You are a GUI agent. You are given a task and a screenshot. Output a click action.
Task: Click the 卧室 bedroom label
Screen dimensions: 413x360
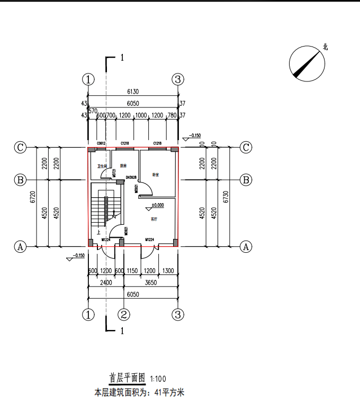coord(156,175)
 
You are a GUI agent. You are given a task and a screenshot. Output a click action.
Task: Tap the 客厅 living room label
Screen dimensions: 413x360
coord(154,218)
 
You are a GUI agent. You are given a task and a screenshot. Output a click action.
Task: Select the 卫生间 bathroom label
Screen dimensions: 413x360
coord(102,166)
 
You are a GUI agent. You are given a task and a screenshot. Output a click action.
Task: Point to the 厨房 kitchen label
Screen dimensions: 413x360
coord(123,166)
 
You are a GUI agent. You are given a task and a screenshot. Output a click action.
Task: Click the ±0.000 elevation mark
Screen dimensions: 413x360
coord(158,205)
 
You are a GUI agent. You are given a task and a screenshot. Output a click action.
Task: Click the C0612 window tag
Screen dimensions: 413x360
coord(101,143)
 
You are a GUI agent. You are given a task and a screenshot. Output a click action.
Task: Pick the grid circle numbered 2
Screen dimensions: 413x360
coord(124,315)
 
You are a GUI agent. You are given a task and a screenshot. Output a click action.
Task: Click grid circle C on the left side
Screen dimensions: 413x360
coord(20,148)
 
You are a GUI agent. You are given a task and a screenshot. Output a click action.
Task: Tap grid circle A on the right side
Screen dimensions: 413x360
coord(246,246)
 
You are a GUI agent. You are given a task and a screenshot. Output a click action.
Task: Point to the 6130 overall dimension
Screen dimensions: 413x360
coord(133,91)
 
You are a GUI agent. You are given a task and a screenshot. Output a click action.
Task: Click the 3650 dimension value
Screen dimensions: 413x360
coord(150,283)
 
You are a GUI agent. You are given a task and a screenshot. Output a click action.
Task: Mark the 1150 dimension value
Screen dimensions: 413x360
coord(132,271)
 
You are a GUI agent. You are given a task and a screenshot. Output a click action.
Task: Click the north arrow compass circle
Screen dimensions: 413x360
coord(307,64)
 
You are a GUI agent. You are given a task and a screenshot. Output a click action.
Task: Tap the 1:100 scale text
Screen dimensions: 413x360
coord(158,379)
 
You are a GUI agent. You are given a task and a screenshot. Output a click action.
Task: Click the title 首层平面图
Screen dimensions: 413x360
coord(127,378)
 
